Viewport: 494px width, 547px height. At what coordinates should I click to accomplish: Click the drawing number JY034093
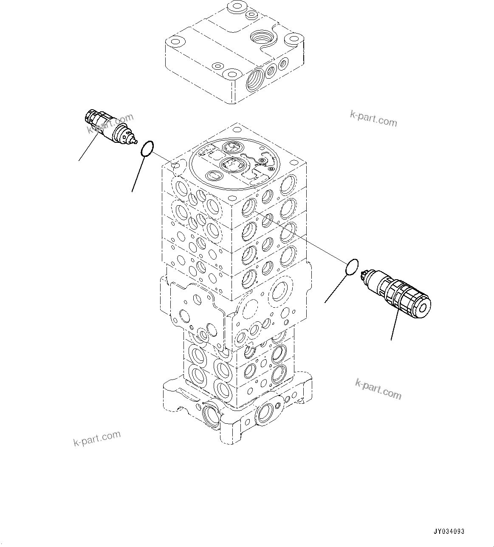(449, 531)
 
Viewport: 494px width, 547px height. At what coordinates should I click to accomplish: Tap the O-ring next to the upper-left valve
(147, 149)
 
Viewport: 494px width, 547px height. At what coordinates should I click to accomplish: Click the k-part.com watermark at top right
(373, 119)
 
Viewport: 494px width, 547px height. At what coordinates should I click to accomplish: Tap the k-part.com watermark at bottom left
(97, 438)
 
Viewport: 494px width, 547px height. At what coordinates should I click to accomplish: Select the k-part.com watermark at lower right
(378, 389)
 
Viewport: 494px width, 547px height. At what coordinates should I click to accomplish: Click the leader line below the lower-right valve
(394, 325)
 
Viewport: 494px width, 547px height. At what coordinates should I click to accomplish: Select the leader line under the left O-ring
(138, 174)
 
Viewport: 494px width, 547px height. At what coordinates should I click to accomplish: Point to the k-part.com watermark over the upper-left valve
(110, 123)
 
